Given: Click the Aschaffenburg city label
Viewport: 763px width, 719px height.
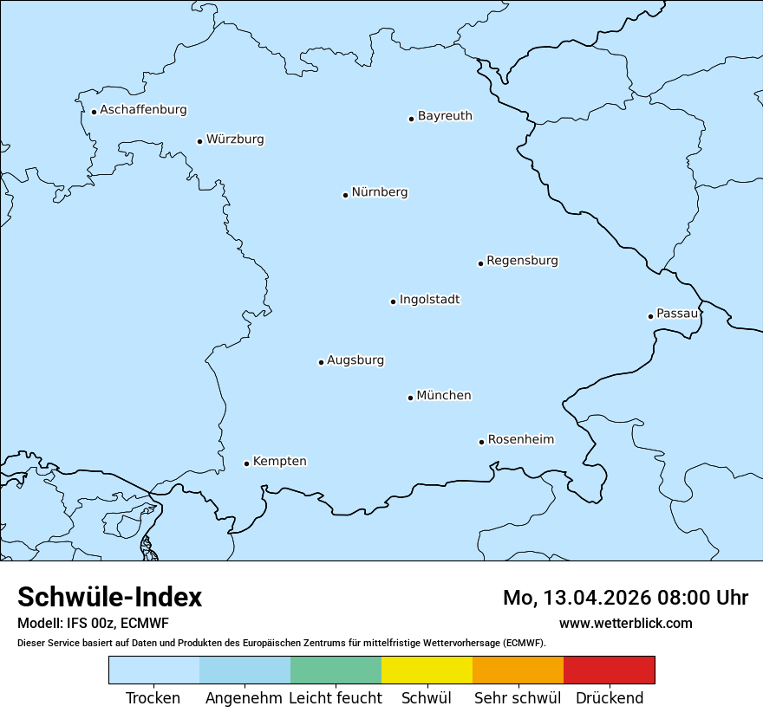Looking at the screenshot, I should point(143,110).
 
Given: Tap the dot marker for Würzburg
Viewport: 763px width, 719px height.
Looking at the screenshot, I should point(199,141).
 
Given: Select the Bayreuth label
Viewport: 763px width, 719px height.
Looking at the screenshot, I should point(445,116).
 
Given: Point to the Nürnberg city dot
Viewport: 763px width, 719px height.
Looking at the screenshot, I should point(345,195).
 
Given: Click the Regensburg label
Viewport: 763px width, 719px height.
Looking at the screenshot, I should point(522,261).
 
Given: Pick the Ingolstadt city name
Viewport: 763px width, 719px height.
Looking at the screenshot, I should point(429,300).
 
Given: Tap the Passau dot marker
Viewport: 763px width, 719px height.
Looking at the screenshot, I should point(650,316).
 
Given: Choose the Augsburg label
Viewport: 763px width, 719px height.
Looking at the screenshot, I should point(355,360).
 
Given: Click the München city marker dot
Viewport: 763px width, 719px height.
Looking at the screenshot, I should point(410,398).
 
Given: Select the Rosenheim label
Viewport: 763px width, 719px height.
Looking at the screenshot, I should point(520,440).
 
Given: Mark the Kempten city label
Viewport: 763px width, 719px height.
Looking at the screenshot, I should point(279,462).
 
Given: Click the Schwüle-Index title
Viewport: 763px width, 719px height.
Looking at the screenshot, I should point(110,598).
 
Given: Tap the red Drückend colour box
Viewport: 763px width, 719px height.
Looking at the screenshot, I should point(609,670).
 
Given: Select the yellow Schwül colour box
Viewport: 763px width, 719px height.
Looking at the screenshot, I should point(427,670).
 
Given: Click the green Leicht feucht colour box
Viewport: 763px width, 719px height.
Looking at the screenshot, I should point(336,670).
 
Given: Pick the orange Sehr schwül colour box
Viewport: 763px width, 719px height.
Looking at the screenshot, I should point(518,670).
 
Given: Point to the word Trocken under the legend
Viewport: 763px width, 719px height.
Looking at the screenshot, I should point(153,698).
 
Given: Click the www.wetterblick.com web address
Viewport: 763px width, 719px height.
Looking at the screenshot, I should point(625,624).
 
